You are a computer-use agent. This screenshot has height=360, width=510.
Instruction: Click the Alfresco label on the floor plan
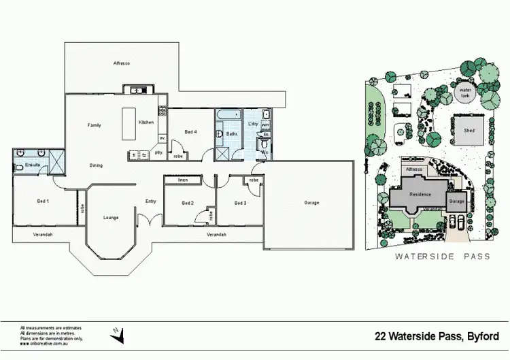point(121,63)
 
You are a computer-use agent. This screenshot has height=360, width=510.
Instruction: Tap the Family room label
point(94,125)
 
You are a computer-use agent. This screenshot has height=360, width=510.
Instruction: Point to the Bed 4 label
point(191,132)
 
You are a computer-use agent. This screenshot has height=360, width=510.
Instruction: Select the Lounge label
point(111,218)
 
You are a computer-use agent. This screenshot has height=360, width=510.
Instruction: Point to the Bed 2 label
point(188,203)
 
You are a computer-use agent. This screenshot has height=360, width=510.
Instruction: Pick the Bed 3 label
point(240,203)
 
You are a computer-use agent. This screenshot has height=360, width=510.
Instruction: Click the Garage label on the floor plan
point(311,203)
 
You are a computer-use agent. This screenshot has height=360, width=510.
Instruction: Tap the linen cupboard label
point(183,180)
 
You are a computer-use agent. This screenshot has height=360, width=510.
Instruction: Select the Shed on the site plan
point(469,129)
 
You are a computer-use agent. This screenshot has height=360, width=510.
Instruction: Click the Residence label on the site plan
point(420,194)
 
